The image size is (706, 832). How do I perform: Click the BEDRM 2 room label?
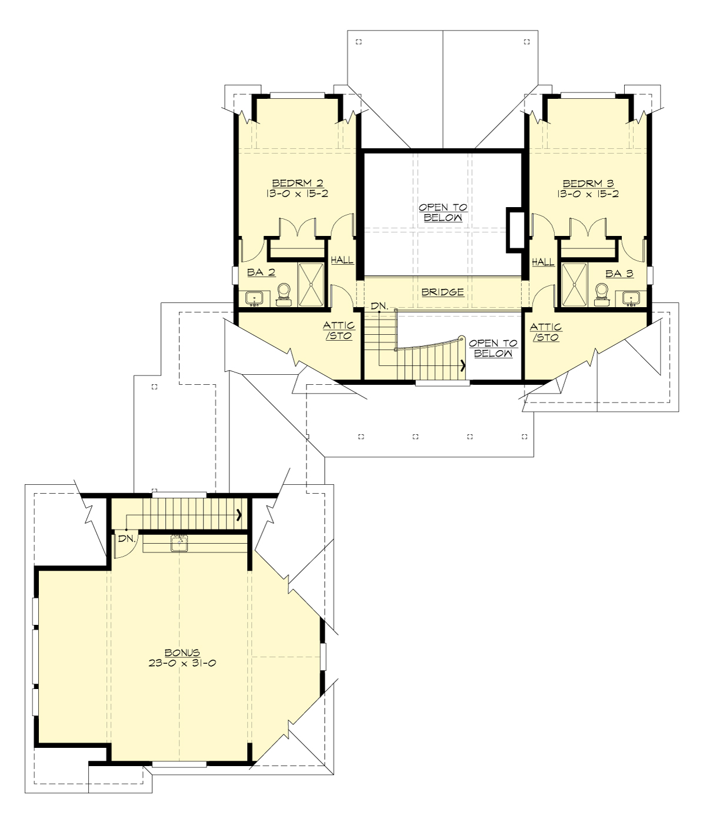pyautogui.click(x=297, y=184)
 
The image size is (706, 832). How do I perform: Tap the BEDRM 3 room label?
pyautogui.click(x=588, y=184)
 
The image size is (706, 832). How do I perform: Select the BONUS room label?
pyautogui.click(x=182, y=653)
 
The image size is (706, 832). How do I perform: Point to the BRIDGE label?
pyautogui.click(x=442, y=292)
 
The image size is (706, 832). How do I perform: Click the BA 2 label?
pyautogui.click(x=261, y=272)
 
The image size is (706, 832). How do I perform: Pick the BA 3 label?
pyautogui.click(x=619, y=274)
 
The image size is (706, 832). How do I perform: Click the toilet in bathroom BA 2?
pyautogui.click(x=284, y=293)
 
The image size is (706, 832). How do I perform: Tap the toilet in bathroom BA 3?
pyautogui.click(x=602, y=293)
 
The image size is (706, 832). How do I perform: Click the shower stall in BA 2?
pyautogui.click(x=310, y=284)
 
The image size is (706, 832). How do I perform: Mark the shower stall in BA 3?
pyautogui.click(x=575, y=284)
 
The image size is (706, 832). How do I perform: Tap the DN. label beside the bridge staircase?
pyautogui.click(x=379, y=306)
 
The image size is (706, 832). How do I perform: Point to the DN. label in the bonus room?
pyautogui.click(x=126, y=538)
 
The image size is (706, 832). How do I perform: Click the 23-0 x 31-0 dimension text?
pyautogui.click(x=182, y=663)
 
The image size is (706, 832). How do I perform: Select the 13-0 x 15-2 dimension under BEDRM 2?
pyautogui.click(x=297, y=194)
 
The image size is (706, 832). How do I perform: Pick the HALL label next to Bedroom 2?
pyautogui.click(x=342, y=259)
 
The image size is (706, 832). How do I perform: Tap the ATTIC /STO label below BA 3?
pyautogui.click(x=545, y=332)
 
